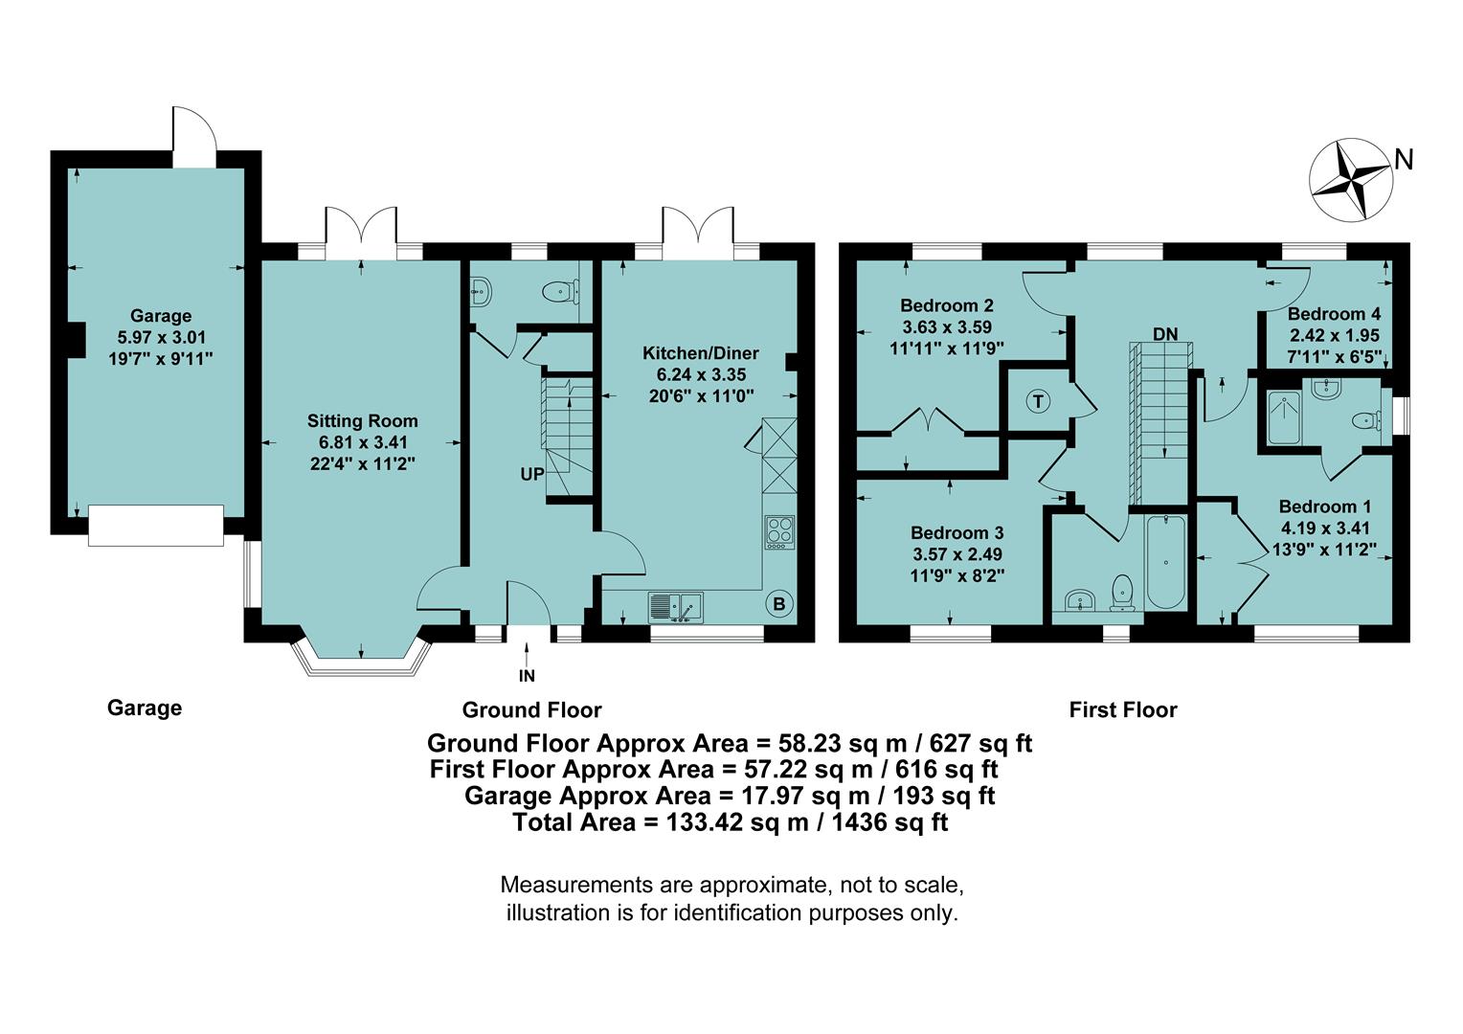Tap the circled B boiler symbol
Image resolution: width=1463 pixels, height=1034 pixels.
click(778, 605)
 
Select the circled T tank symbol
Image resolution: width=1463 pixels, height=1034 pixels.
click(1038, 401)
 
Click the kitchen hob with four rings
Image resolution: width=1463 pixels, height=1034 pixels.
click(779, 532)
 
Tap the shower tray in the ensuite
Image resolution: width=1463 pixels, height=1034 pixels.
click(1284, 417)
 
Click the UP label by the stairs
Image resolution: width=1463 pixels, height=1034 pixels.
click(532, 474)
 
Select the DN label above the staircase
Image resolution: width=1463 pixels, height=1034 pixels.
click(1164, 334)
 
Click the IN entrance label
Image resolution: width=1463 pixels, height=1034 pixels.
click(527, 676)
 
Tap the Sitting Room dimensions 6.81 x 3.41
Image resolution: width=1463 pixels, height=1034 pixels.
click(363, 442)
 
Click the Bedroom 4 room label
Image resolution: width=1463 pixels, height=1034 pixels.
click(1334, 314)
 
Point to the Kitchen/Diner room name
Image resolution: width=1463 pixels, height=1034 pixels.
click(694, 353)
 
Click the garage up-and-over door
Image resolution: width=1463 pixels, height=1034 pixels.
click(155, 526)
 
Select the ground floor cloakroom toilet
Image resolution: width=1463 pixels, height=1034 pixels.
click(558, 290)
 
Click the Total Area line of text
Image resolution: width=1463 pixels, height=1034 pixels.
click(730, 822)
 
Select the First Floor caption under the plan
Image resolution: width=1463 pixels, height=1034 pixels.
click(1122, 710)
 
